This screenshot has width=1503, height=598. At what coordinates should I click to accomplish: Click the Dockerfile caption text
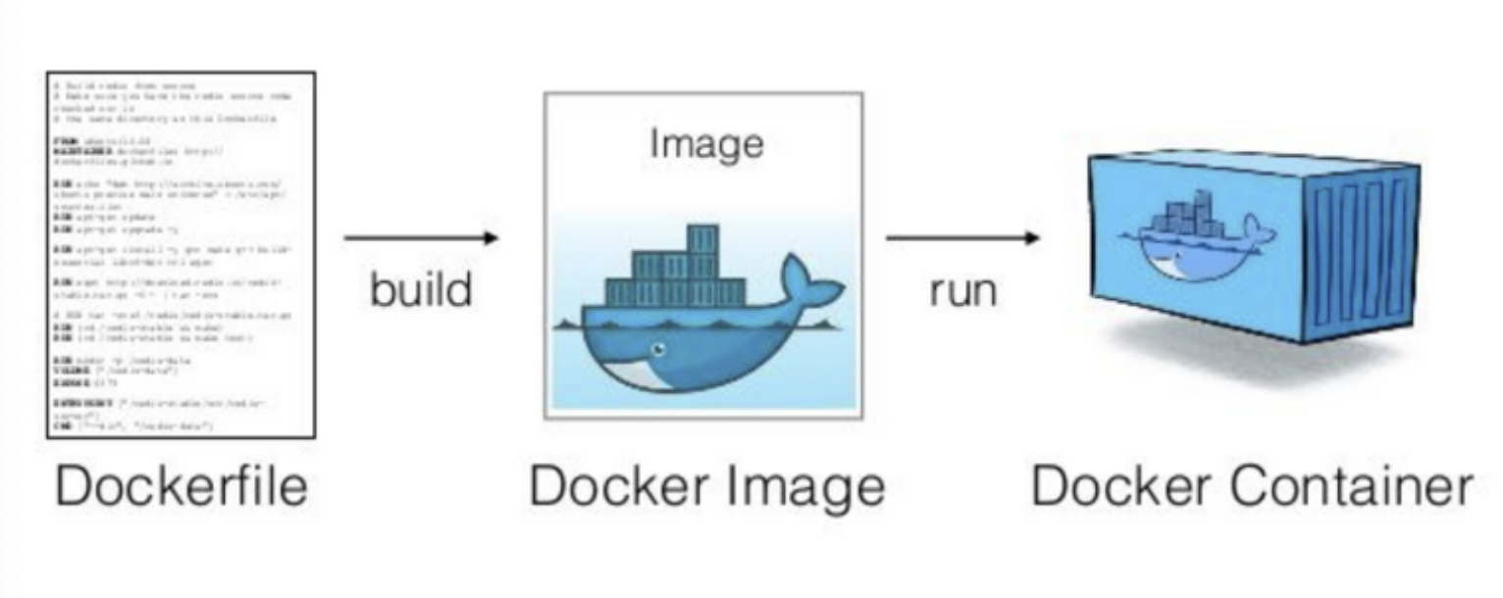click(181, 486)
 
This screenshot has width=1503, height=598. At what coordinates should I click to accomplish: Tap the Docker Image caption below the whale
click(706, 486)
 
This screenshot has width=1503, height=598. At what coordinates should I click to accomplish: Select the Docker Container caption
click(1251, 486)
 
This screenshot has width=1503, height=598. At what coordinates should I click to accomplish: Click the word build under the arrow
click(421, 289)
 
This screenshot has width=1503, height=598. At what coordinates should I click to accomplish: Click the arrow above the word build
click(421, 237)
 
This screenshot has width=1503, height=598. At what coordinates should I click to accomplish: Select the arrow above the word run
click(962, 237)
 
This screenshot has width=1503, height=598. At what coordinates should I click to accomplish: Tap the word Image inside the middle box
click(705, 144)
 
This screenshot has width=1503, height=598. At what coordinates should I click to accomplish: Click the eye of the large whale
click(659, 347)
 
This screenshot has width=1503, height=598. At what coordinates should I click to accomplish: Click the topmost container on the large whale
click(702, 238)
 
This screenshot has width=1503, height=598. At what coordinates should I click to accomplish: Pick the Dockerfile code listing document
click(181, 254)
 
